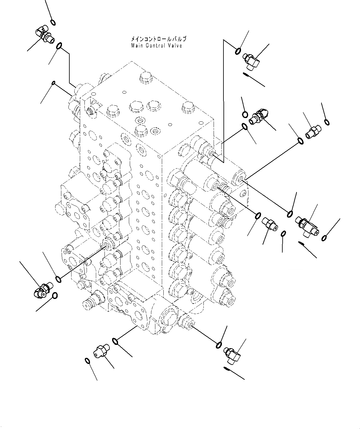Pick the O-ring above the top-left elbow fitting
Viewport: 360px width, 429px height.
coord(53,22)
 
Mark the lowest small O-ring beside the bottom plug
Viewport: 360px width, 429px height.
coord(87,361)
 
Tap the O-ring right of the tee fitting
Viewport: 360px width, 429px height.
coord(324,238)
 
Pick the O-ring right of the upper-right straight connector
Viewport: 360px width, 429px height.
coord(327,122)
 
